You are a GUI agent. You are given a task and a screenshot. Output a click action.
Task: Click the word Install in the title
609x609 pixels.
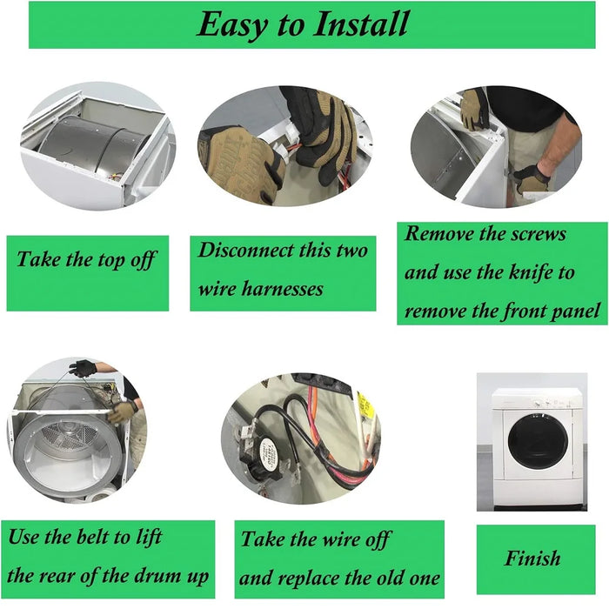tap(361, 24)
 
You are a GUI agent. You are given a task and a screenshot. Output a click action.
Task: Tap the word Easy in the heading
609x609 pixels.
tap(232, 25)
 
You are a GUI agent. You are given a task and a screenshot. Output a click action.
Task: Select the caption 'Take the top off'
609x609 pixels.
tap(87, 260)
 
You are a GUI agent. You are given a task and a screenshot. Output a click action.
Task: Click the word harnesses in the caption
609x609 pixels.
tap(288, 289)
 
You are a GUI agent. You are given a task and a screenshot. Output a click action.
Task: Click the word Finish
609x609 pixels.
tap(532, 559)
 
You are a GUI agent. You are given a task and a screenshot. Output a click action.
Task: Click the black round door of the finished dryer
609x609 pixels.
tap(537, 440)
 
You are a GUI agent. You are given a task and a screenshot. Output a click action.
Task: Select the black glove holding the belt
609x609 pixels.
tap(83, 368)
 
